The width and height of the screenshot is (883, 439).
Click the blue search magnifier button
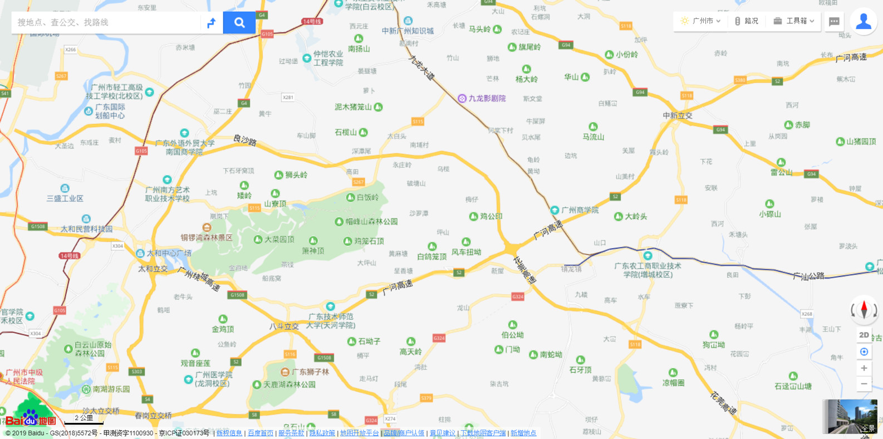(239, 22)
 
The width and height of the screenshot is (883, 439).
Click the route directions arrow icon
(212, 23)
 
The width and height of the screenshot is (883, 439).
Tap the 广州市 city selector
(701, 21)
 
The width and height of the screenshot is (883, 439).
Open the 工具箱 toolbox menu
(794, 21)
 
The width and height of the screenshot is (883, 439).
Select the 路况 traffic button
(747, 21)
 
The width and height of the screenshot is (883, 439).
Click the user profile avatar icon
(864, 21)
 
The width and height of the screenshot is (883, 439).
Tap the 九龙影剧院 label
(487, 99)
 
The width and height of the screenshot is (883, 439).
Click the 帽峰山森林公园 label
(371, 222)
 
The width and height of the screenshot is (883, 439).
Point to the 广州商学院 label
(580, 210)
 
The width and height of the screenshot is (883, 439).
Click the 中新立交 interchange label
(678, 116)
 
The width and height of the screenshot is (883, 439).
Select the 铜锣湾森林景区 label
(206, 237)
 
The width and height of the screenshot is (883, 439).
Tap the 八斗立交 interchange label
(284, 326)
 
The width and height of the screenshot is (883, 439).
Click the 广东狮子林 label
(310, 372)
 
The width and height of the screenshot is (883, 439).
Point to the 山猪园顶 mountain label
(861, 142)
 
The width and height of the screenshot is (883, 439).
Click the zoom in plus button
(864, 368)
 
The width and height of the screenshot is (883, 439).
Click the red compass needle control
(864, 309)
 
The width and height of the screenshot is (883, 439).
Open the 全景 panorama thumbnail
(850, 416)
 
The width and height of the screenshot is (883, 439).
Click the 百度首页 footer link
(261, 433)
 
